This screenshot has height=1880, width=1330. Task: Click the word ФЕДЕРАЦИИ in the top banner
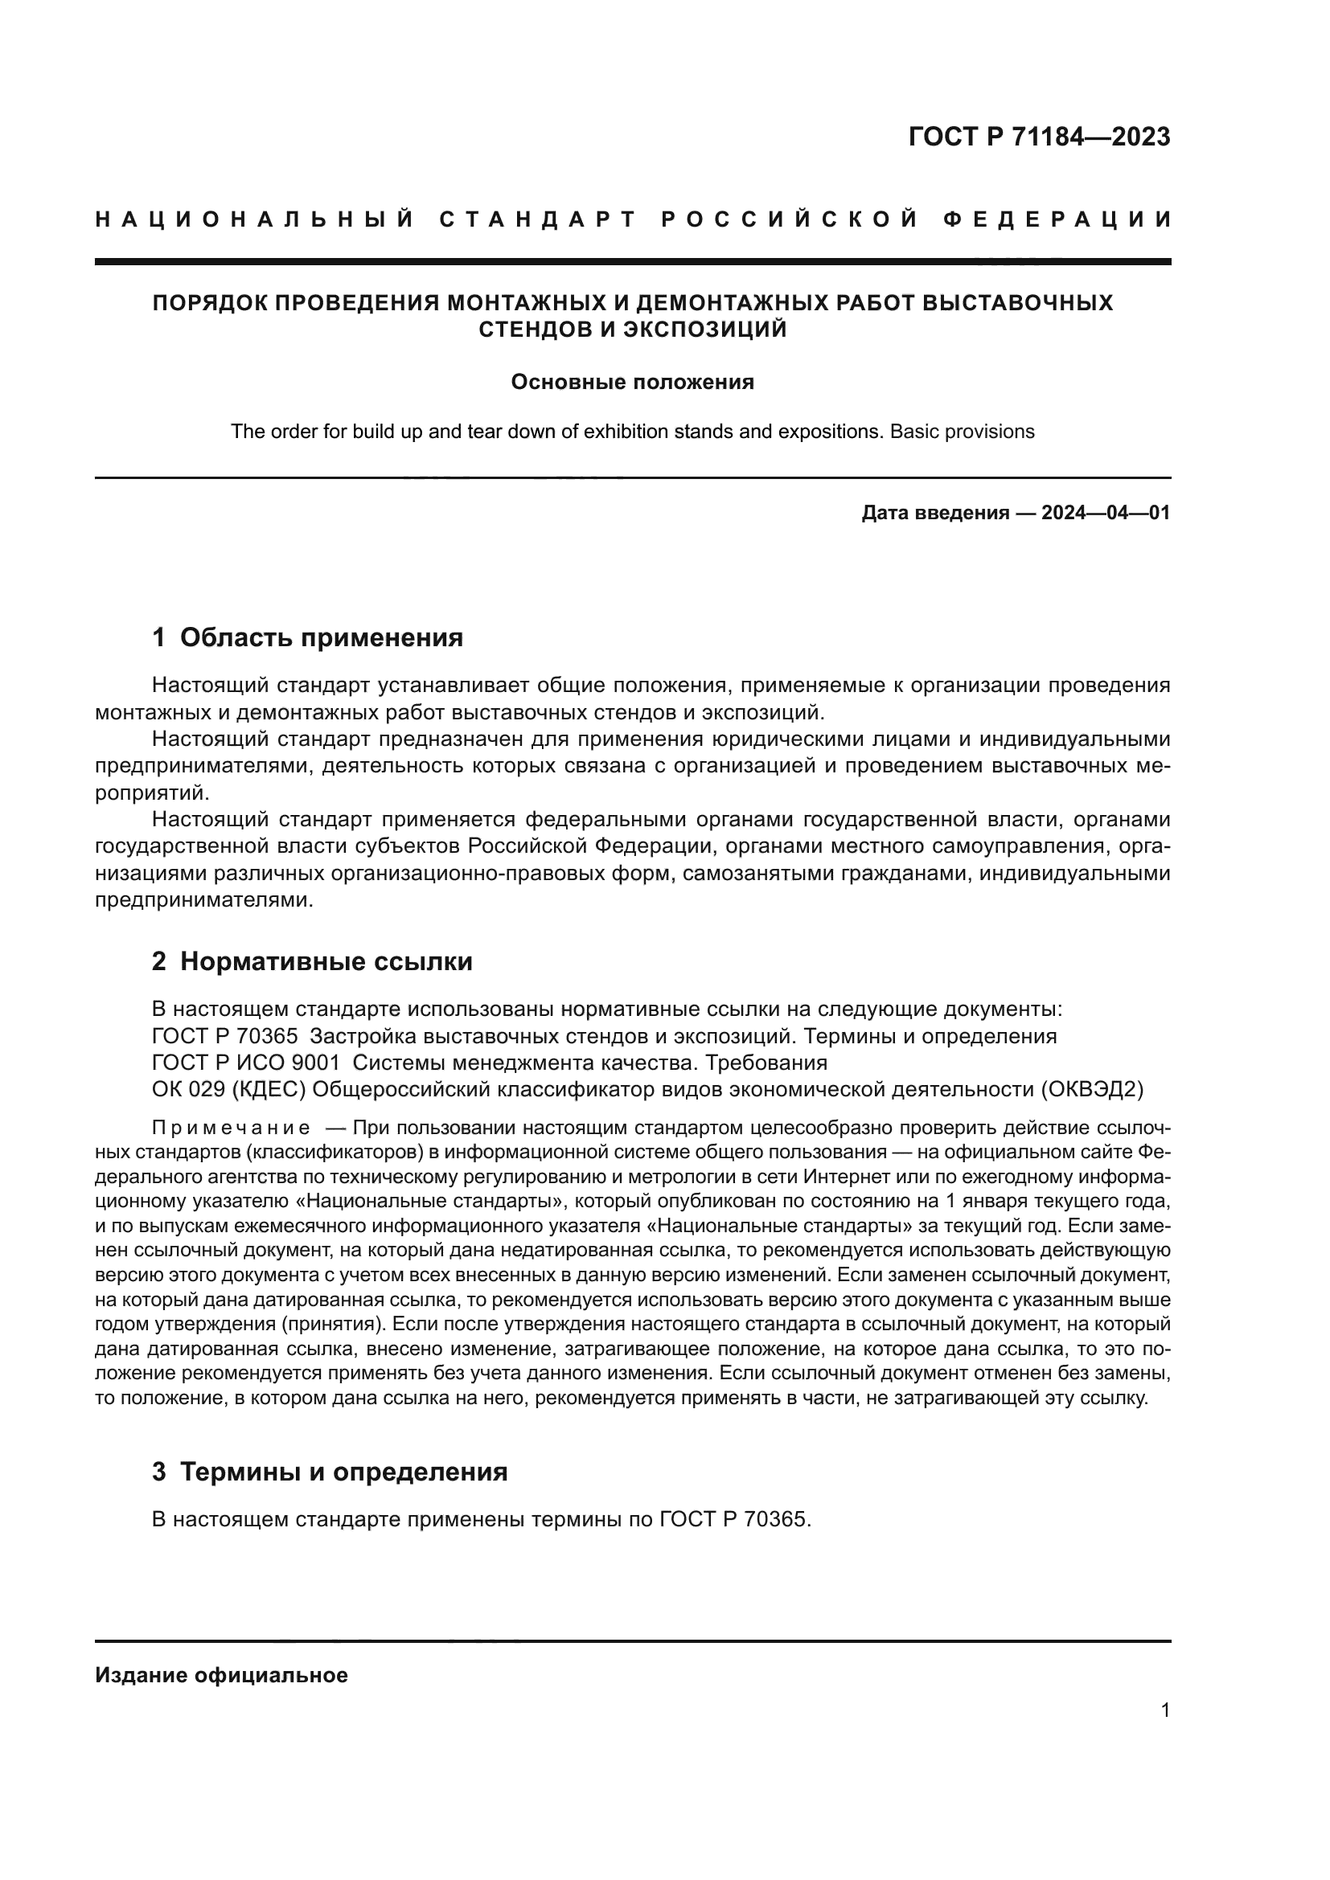1057,219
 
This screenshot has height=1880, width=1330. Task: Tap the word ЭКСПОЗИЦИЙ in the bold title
704,330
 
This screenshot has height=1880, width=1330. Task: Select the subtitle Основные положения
632,383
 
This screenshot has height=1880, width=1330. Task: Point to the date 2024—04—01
1106,514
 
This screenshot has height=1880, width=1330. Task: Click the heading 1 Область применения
307,637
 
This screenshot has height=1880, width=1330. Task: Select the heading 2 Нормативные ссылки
312,961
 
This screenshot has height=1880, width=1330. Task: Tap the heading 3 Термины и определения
329,1472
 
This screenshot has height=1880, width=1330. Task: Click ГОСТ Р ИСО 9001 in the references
246,1063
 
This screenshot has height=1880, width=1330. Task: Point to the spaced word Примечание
231,1128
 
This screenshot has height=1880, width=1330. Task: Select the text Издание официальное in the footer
221,1675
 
